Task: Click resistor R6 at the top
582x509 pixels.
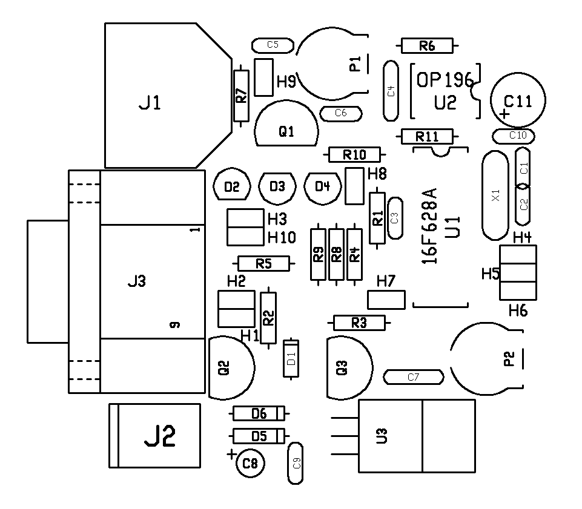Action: click(x=427, y=46)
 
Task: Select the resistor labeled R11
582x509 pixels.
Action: click(x=427, y=137)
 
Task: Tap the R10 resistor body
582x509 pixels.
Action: click(x=354, y=154)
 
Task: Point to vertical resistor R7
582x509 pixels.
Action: click(x=241, y=96)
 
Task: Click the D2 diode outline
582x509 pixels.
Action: click(x=232, y=186)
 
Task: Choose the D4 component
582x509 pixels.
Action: click(x=323, y=186)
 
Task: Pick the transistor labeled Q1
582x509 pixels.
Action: click(x=286, y=123)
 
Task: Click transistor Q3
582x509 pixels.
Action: click(x=349, y=367)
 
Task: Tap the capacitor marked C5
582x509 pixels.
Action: click(x=273, y=45)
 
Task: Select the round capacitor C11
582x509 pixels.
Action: click(x=518, y=100)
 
